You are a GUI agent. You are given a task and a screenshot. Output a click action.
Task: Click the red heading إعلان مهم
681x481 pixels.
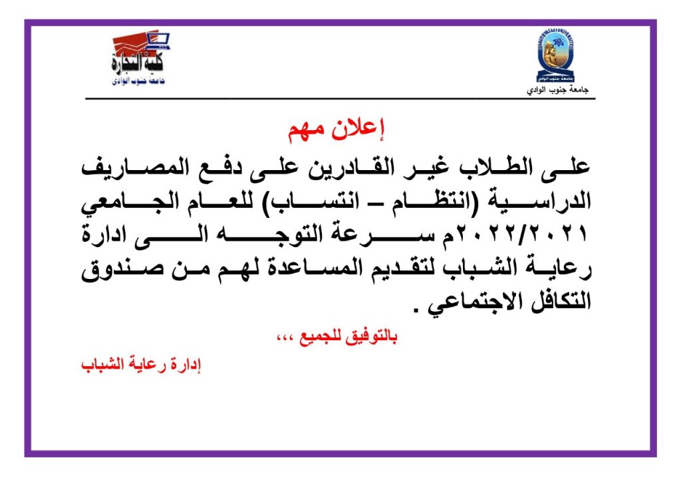point(337,129)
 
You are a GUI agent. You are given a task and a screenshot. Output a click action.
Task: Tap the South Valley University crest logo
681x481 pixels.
point(557,56)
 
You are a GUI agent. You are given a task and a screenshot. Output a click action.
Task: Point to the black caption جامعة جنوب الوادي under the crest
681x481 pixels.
point(558,90)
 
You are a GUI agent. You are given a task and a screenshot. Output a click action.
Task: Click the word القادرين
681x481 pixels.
point(352,167)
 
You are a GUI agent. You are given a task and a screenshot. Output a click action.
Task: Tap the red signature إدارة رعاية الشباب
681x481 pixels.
point(142,365)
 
